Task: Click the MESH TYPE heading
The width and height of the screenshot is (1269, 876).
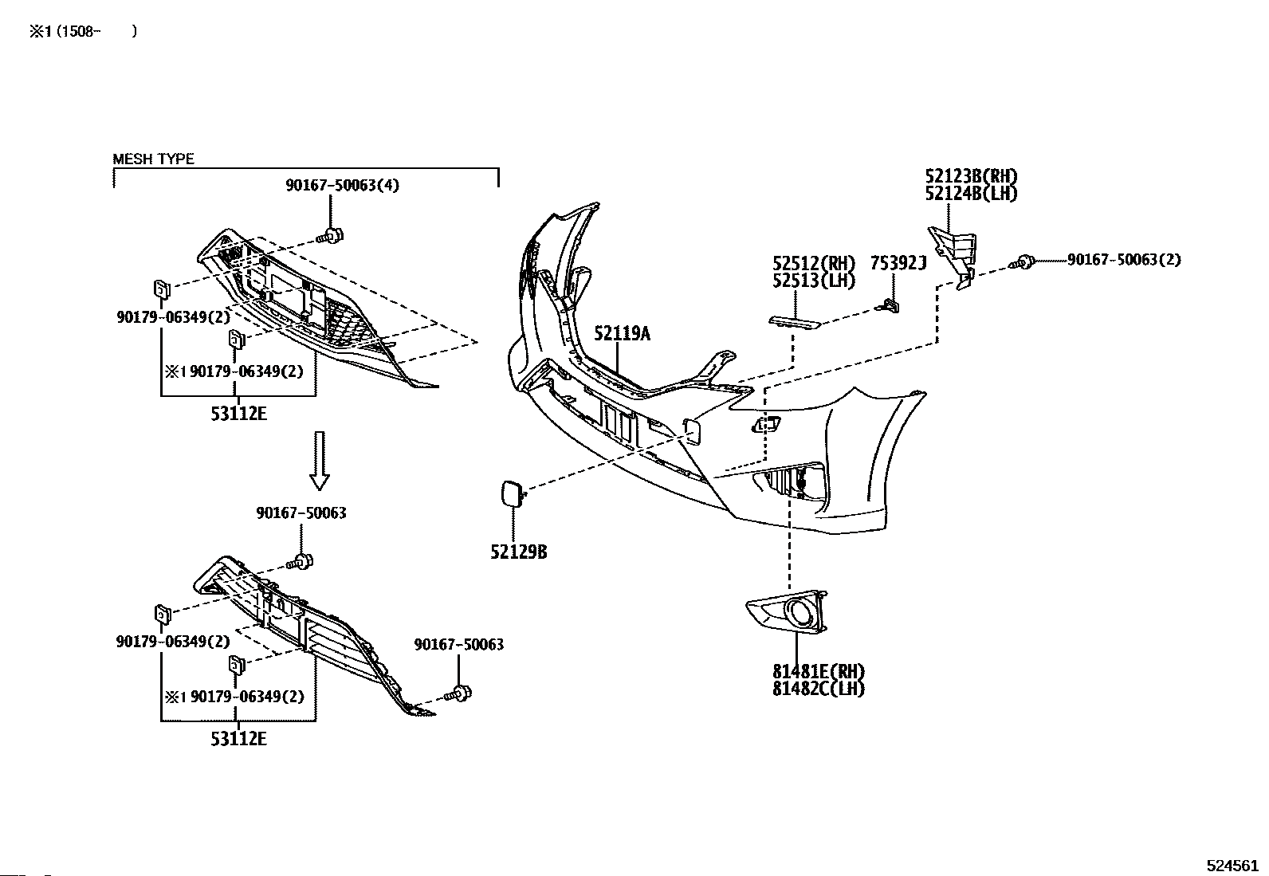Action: (153, 159)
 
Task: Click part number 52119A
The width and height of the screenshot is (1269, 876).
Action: (622, 334)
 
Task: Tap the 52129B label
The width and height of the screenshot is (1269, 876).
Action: (518, 552)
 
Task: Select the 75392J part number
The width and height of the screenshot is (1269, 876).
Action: (898, 264)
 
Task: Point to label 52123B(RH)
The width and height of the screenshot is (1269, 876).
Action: (971, 176)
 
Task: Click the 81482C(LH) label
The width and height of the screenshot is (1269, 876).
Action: (819, 689)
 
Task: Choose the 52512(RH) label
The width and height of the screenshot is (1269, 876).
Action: (814, 264)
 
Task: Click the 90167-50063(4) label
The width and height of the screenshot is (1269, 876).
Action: (342, 185)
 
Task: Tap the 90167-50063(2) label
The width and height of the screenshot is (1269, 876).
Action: (1124, 260)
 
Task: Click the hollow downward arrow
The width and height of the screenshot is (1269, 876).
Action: (320, 460)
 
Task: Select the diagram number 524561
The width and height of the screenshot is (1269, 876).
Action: (1232, 865)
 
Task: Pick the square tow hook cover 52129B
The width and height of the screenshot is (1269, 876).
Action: (512, 493)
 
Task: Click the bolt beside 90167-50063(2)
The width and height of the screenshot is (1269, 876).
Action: (1022, 262)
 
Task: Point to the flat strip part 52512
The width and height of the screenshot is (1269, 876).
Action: (794, 322)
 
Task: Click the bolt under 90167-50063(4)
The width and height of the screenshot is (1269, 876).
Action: (330, 235)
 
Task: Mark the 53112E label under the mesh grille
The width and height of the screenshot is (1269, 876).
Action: (238, 414)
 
